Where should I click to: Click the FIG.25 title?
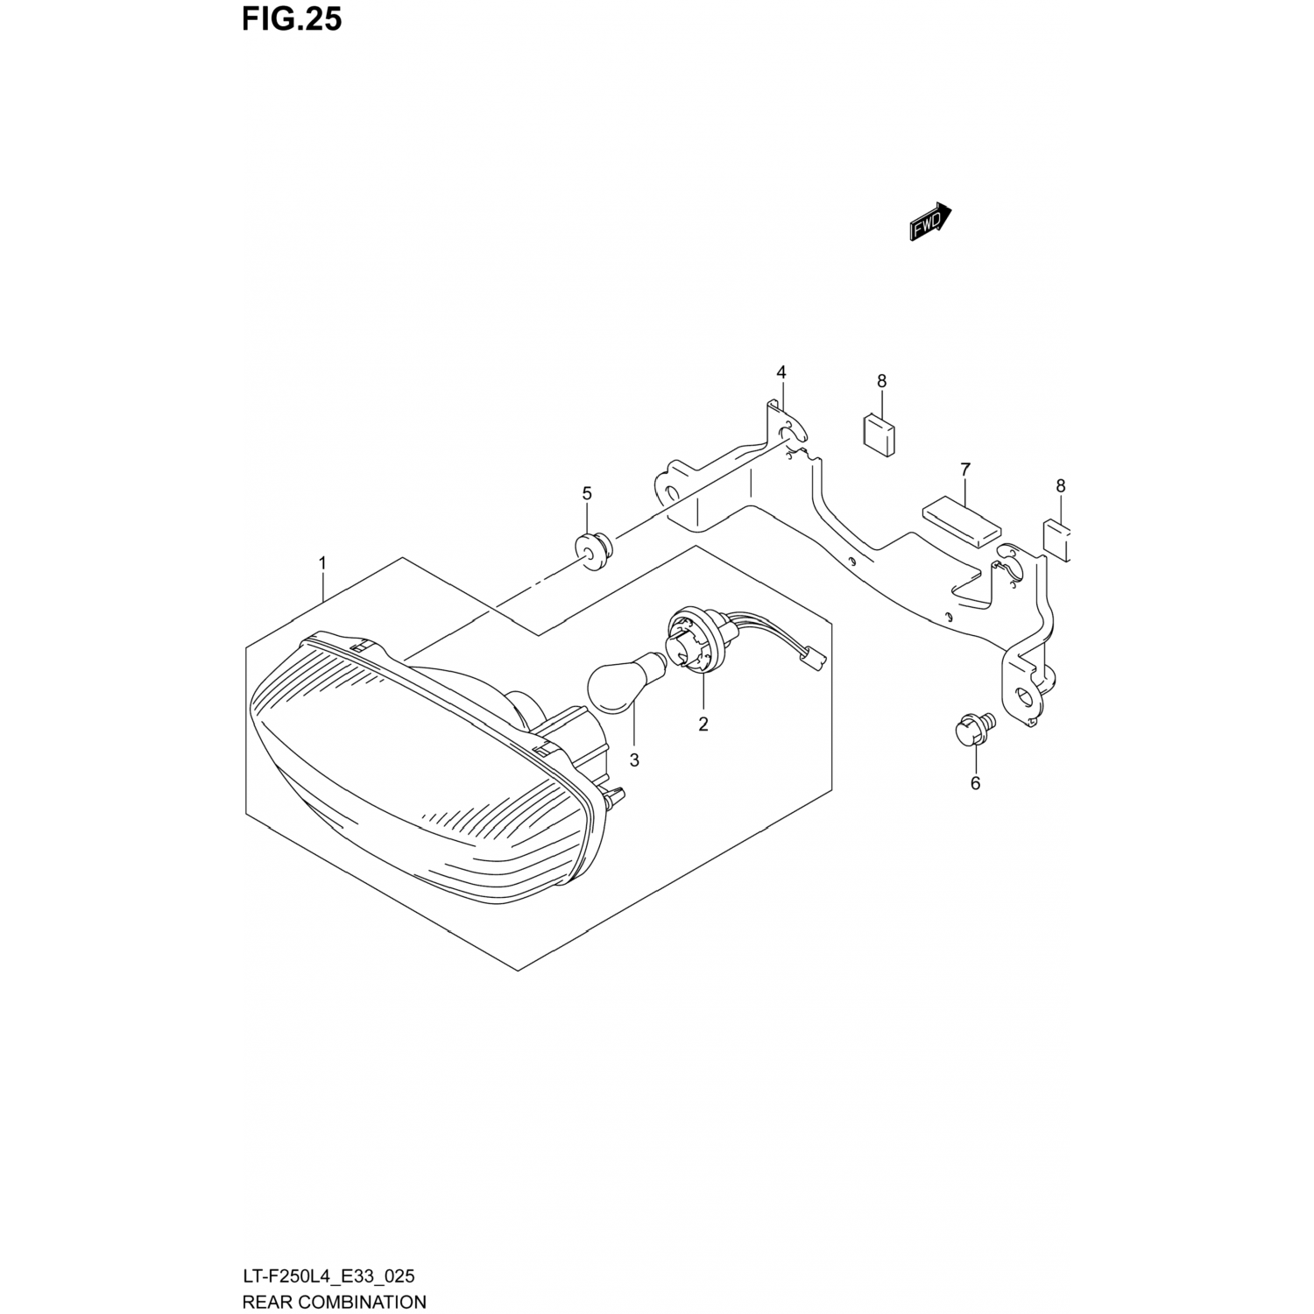(292, 19)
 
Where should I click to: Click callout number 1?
(322, 562)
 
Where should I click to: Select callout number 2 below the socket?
(703, 725)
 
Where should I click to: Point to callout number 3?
(634, 760)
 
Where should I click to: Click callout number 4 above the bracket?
(781, 373)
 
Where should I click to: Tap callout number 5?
(587, 493)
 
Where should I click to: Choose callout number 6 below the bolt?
(975, 783)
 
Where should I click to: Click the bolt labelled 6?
(970, 730)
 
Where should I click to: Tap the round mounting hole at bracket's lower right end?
(1025, 699)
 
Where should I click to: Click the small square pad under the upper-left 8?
(880, 434)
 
